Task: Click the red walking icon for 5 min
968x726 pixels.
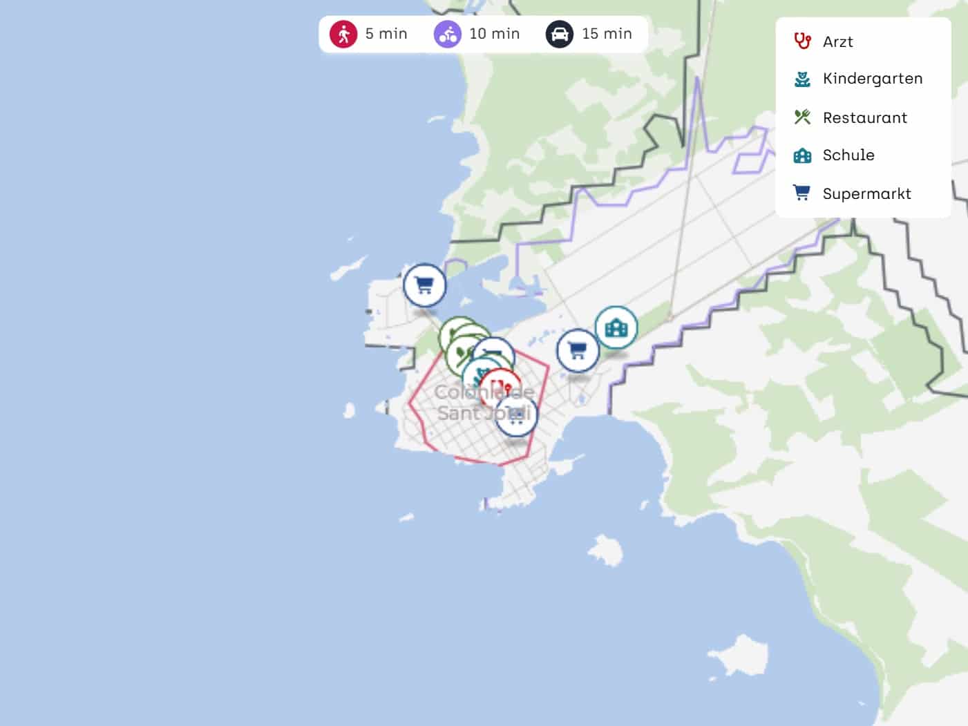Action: (343, 34)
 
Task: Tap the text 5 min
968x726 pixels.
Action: (386, 34)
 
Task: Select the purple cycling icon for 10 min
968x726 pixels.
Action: (447, 34)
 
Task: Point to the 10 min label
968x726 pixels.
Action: (494, 34)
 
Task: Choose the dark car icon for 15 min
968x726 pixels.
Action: (560, 34)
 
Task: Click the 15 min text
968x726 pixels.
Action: (607, 34)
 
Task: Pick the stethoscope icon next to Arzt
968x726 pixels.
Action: (802, 41)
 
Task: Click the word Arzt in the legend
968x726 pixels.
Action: (837, 42)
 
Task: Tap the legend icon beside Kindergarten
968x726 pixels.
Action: (802, 79)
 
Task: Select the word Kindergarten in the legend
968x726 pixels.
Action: (872, 79)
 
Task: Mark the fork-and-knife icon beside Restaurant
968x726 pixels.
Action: (802, 117)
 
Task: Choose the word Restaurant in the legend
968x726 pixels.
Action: (864, 118)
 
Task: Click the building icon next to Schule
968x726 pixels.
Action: (802, 155)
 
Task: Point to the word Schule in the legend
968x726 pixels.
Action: (848, 155)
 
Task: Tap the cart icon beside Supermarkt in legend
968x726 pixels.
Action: (801, 193)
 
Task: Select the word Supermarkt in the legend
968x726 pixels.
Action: (866, 194)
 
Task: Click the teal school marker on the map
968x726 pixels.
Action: (616, 327)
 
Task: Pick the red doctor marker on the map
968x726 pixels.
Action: (501, 388)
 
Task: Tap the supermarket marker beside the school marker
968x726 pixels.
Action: (578, 350)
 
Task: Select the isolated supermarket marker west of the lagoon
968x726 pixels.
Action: (424, 285)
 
